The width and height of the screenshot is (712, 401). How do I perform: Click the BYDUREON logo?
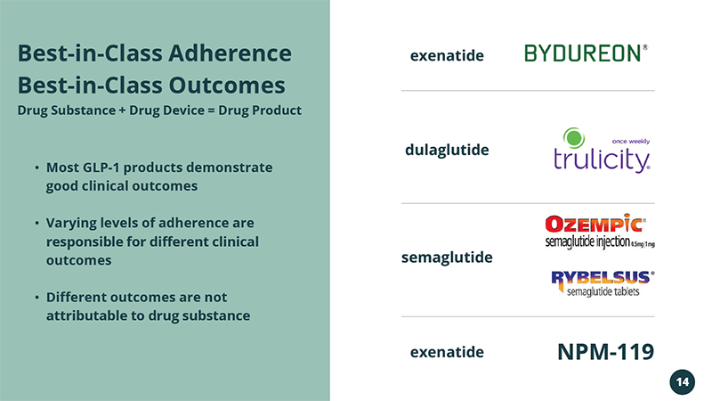[586, 53]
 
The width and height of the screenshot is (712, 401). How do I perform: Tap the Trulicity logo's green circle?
[574, 138]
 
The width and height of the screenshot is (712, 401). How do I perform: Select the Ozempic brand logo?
[599, 231]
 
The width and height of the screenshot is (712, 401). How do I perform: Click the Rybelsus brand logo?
[603, 283]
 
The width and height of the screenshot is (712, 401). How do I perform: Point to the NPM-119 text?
[606, 351]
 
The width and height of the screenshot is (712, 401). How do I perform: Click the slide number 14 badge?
[682, 382]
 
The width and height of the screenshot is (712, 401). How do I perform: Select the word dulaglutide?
[447, 150]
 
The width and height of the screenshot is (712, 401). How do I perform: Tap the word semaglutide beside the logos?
[447, 258]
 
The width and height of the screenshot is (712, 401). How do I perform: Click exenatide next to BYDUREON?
[447, 55]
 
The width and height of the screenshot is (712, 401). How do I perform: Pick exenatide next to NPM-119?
[447, 352]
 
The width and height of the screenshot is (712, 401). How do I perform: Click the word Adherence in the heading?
[231, 53]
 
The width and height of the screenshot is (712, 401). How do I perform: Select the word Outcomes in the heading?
[227, 85]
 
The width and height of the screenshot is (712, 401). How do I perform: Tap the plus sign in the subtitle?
[122, 110]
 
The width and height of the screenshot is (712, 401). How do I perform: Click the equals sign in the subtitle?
[211, 110]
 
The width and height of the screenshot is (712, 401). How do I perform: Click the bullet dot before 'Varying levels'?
[36, 223]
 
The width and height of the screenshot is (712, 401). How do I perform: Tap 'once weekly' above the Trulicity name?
[631, 142]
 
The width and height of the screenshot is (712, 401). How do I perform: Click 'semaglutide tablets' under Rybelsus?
[603, 291]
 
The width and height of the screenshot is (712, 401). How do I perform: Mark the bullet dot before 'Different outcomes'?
[36, 298]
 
